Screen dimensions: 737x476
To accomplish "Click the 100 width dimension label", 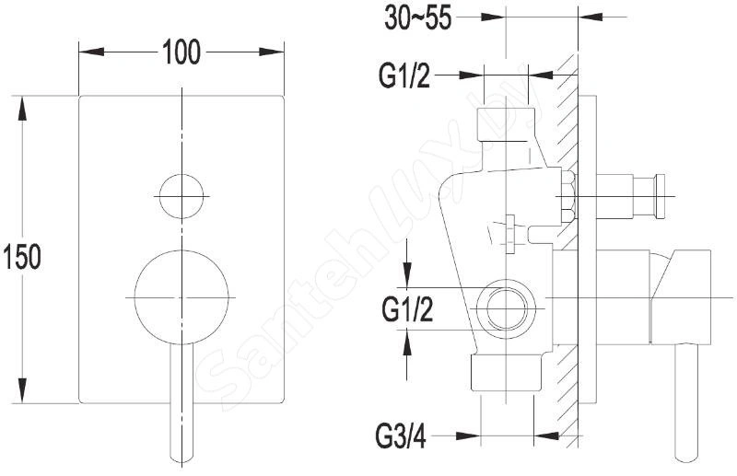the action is (x=181, y=52).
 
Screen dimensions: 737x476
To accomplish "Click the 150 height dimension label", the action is (x=21, y=257).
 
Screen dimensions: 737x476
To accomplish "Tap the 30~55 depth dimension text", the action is (x=418, y=18).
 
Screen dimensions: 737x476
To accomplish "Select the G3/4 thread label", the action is (x=401, y=437).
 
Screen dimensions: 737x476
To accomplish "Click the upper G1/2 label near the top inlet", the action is (x=404, y=75).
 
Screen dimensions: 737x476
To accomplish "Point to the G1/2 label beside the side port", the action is (x=407, y=309).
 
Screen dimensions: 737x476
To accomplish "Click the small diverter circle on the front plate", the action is (x=181, y=196).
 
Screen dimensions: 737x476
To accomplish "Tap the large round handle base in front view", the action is (x=181, y=297).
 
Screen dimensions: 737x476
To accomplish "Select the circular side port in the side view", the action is (x=505, y=309).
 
